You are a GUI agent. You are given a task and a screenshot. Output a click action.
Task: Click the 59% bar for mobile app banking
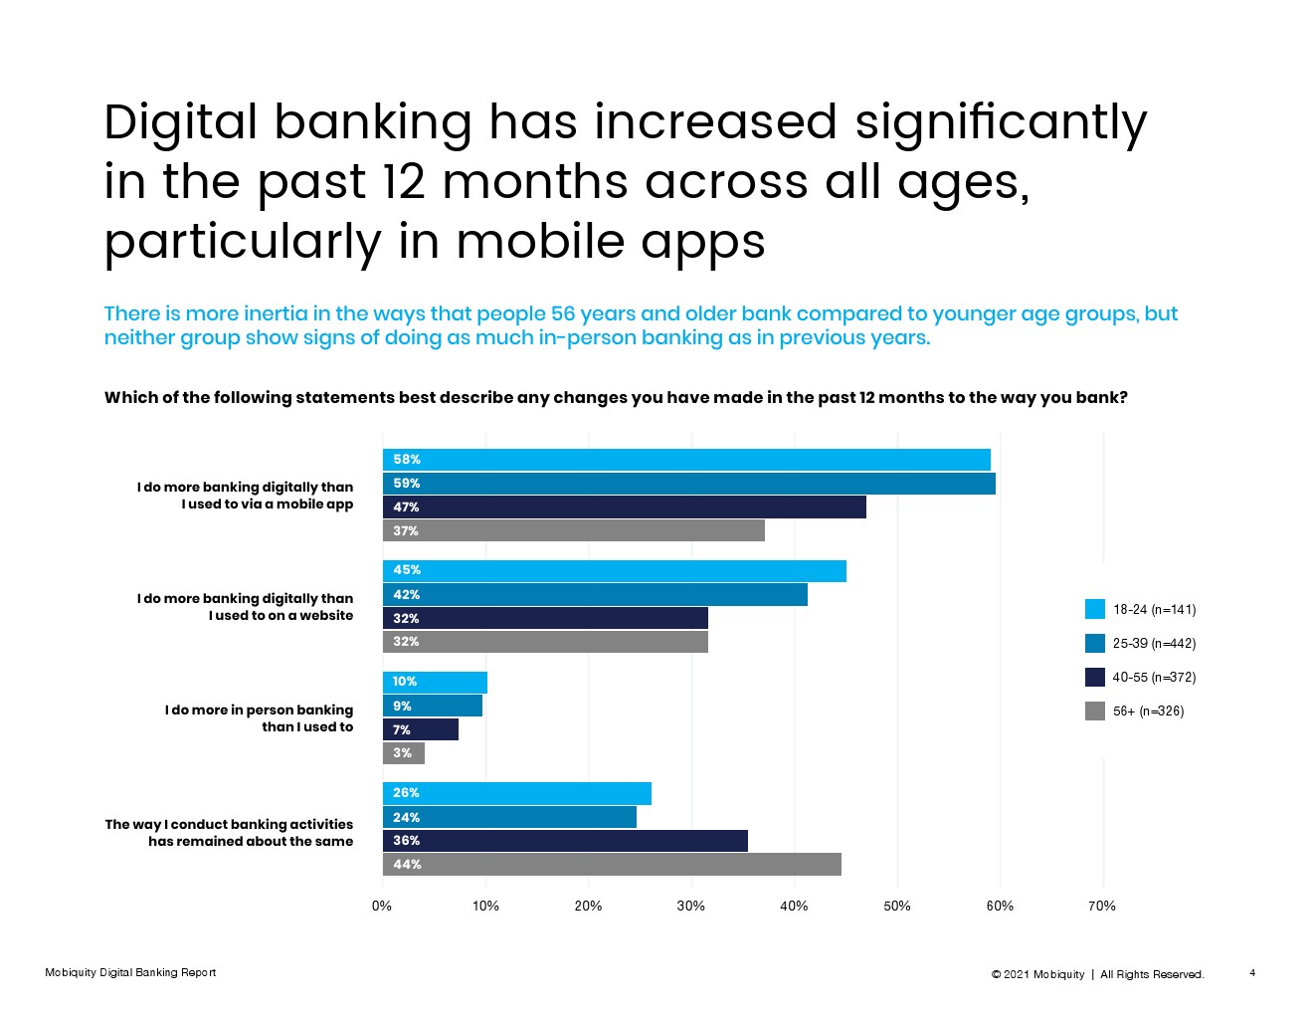pyautogui.click(x=688, y=484)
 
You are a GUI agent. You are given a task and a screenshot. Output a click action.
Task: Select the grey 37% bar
pyautogui.click(x=573, y=530)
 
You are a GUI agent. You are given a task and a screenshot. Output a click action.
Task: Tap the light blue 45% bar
pyautogui.click(x=615, y=570)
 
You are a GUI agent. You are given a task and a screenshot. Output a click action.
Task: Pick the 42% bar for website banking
pyautogui.click(x=595, y=594)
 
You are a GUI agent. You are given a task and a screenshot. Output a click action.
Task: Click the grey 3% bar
pyautogui.click(x=404, y=753)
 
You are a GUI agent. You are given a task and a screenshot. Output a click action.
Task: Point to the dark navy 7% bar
pyautogui.click(x=421, y=729)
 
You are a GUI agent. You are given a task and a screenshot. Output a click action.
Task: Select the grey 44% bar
pyautogui.click(x=612, y=865)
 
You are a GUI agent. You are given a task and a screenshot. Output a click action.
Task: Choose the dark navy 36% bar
pyautogui.click(x=565, y=841)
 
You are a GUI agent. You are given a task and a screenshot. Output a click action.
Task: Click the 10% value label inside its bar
pyautogui.click(x=404, y=682)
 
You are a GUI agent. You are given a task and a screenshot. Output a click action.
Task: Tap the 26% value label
pyautogui.click(x=406, y=792)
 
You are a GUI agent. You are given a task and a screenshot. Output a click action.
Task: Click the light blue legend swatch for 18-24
pyautogui.click(x=1095, y=609)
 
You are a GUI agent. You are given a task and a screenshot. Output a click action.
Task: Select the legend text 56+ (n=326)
pyautogui.click(x=1148, y=710)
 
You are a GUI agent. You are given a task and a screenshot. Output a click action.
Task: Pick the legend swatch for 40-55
pyautogui.click(x=1095, y=677)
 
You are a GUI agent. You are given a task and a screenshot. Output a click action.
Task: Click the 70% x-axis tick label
pyautogui.click(x=1101, y=907)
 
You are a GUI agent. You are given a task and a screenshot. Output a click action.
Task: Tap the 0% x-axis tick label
pyautogui.click(x=382, y=907)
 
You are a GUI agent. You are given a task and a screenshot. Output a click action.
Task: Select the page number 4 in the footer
pyautogui.click(x=1252, y=972)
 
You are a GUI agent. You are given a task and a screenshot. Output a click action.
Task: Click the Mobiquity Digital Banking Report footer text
pyautogui.click(x=130, y=972)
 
